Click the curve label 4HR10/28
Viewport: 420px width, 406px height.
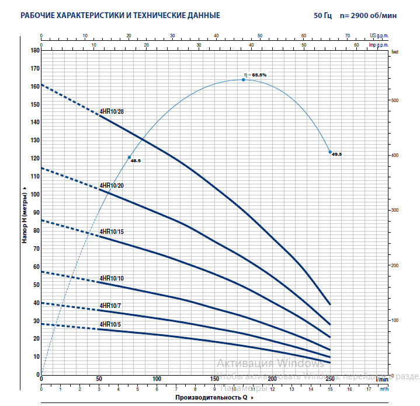[112, 111]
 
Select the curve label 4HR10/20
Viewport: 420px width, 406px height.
[112, 185]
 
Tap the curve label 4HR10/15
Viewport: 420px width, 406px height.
[112, 232]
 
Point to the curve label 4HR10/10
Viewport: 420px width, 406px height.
[112, 278]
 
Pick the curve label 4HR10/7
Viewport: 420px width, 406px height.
[110, 306]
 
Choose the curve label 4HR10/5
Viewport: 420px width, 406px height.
[110, 324]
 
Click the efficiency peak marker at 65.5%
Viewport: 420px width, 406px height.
[244, 79]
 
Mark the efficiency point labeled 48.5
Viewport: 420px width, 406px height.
[129, 157]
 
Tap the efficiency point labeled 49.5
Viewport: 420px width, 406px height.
[330, 152]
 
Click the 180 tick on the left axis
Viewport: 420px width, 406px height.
[34, 51]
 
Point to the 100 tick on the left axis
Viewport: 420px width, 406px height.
[34, 194]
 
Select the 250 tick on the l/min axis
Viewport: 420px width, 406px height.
[330, 379]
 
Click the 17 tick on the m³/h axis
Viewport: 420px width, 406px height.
[369, 388]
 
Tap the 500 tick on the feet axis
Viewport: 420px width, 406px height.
[394, 100]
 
